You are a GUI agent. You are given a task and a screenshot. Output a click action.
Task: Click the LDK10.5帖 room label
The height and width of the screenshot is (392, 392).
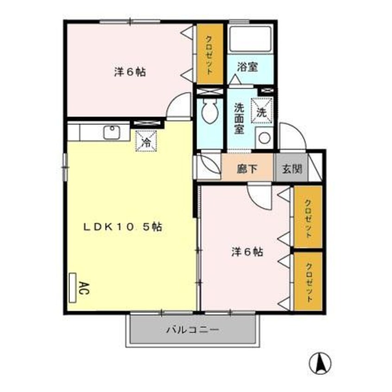click(x=122, y=228)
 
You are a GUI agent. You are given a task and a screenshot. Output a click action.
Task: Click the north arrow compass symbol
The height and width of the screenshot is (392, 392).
click(x=320, y=363)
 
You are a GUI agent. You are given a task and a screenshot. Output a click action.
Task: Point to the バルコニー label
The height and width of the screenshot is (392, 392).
click(x=192, y=330)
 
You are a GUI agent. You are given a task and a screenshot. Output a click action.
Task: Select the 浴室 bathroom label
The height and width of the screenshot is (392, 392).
click(x=247, y=67)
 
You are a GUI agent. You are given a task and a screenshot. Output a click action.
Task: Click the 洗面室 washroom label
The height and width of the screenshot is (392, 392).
click(x=239, y=118)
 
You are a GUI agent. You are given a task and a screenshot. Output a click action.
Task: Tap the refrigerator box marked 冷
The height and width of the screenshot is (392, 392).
click(x=146, y=141)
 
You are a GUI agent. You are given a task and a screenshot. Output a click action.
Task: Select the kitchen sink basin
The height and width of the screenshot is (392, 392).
click(x=112, y=133)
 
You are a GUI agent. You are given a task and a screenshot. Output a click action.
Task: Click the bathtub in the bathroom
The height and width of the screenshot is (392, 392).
click(x=250, y=40)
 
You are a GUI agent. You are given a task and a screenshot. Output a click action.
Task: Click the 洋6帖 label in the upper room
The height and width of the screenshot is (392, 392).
click(x=130, y=72)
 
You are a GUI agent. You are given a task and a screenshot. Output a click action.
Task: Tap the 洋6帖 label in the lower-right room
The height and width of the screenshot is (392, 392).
click(x=247, y=252)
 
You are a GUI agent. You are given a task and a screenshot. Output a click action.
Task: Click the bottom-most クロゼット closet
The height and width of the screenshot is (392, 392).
click(x=309, y=282)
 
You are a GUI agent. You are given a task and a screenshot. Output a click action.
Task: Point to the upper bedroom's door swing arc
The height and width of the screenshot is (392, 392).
click(x=179, y=106)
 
